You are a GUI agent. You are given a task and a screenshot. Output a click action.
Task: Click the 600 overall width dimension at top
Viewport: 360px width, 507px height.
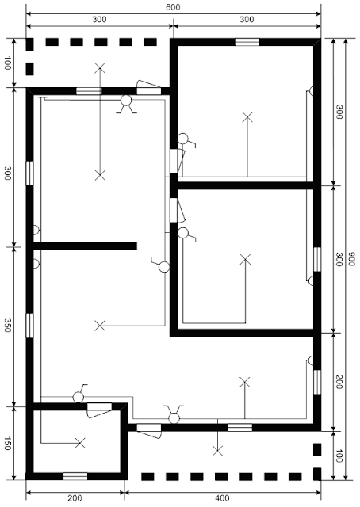(172, 6)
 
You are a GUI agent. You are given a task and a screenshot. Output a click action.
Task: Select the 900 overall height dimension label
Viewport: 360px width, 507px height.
(350, 259)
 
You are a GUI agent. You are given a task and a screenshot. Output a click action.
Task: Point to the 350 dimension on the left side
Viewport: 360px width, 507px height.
(6, 326)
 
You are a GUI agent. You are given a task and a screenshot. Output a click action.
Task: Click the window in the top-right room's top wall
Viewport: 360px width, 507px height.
(247, 42)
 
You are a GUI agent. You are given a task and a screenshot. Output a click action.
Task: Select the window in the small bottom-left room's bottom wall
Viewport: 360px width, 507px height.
(75, 475)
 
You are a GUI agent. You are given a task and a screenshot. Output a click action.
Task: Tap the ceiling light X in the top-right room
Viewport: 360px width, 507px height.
(247, 117)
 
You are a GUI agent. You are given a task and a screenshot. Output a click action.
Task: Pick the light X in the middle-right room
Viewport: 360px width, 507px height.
(246, 259)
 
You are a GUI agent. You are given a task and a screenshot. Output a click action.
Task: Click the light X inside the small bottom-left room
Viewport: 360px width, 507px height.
(79, 443)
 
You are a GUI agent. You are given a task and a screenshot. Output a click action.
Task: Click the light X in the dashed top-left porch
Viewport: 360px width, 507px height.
(100, 69)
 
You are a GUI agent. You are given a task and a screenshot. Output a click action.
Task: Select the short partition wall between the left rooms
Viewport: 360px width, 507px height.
(86, 246)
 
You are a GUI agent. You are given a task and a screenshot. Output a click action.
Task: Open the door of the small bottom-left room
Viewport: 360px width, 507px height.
(99, 407)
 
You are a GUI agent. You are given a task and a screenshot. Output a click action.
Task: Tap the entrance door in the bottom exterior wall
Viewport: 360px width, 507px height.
(148, 429)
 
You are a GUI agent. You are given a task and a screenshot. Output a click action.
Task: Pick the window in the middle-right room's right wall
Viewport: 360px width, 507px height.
(316, 259)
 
